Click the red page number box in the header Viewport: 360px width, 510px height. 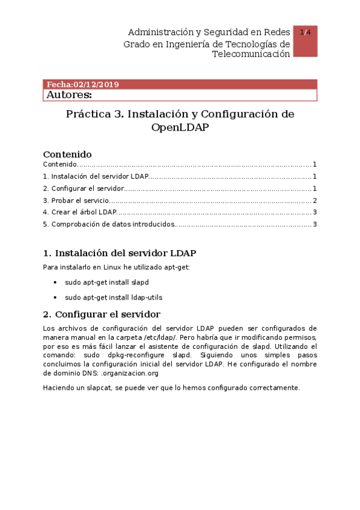coord(305,41)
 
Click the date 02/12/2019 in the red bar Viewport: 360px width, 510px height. coord(96,85)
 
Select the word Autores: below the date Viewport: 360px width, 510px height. coord(69,95)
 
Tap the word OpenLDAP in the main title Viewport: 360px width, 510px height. coord(180,127)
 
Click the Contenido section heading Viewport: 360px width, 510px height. coord(67,154)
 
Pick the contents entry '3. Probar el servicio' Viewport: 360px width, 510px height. coord(76,200)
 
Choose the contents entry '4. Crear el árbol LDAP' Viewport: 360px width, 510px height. coord(79,212)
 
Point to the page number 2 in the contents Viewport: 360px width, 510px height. coord(314,200)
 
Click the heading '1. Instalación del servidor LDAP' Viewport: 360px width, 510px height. coord(120,253)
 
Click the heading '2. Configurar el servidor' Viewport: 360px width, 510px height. coord(102,314)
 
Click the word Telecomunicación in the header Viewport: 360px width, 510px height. coord(251,54)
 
